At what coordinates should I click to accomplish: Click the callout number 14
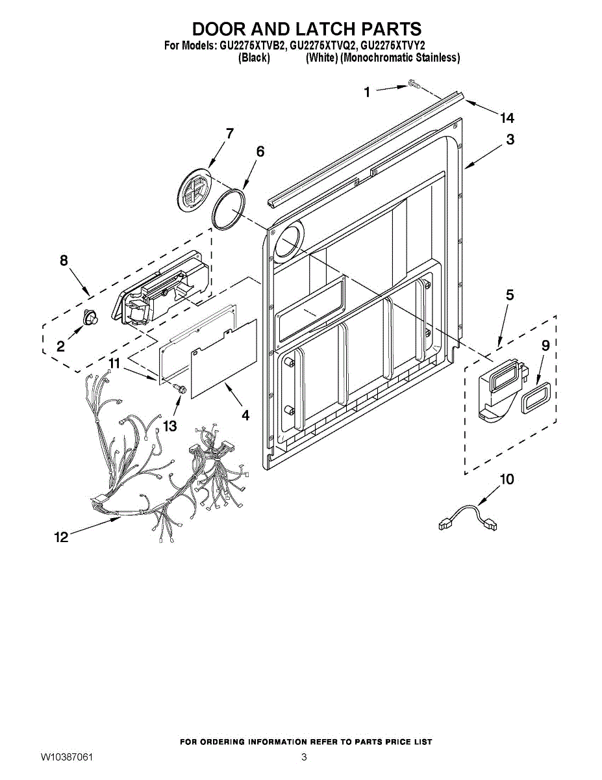507,118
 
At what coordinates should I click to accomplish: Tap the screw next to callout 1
413,84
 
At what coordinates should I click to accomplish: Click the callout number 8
64,261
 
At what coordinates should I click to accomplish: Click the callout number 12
61,537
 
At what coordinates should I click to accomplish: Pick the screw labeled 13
180,389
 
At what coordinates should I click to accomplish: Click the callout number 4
245,414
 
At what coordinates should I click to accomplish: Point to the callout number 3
510,139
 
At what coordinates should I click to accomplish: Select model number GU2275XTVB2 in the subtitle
253,46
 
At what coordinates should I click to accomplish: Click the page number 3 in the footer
303,757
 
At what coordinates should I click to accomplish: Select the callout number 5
510,295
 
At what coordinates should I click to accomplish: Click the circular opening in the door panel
290,242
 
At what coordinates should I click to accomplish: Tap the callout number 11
114,364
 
